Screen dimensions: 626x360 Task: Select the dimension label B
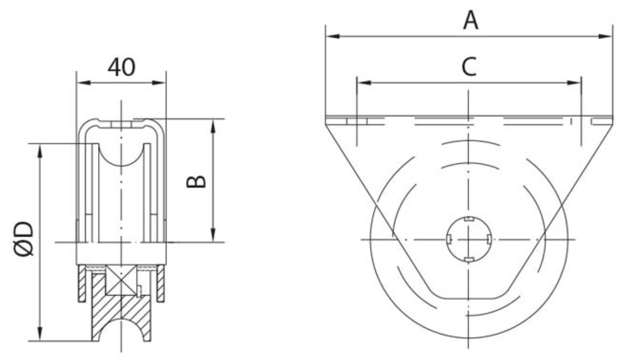coord(196,182)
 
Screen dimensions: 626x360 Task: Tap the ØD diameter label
coord(23,239)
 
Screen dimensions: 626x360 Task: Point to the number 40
coord(121,67)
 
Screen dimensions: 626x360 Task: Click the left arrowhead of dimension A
coord(333,36)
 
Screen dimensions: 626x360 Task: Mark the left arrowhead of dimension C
coord(364,83)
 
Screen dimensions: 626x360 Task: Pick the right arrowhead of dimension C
coord(574,83)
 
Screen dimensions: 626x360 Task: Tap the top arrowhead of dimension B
coord(213,126)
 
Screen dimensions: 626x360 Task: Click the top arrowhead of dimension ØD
coord(40,151)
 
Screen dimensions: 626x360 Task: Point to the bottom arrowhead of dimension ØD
coord(40,334)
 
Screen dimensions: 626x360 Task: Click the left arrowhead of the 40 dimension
coord(84,83)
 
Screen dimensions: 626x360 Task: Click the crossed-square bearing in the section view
coord(121,280)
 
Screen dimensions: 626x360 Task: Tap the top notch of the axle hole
coord(469,219)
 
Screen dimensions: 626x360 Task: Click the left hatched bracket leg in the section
coord(82,283)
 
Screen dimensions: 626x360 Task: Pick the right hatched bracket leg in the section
coord(160,283)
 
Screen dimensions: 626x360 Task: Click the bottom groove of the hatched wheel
coord(121,319)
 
